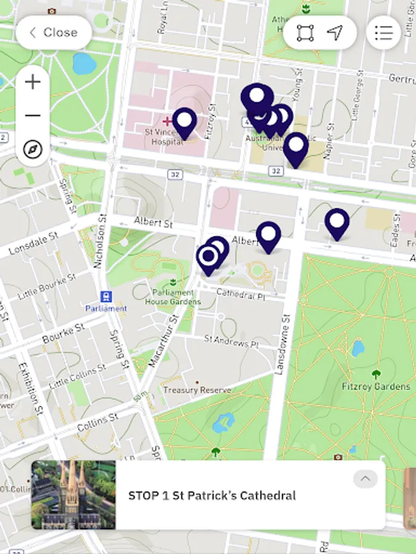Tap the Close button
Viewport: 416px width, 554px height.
click(x=54, y=33)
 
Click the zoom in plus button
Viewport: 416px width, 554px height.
click(x=33, y=82)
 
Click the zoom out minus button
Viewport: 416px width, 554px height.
click(x=33, y=116)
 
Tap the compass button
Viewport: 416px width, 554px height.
click(x=33, y=149)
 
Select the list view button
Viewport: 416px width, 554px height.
click(x=383, y=33)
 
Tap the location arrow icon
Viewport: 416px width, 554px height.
click(x=335, y=33)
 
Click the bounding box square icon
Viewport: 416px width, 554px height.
click(x=305, y=33)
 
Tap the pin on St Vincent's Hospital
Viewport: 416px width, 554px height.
click(x=184, y=121)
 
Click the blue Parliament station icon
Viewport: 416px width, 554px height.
click(x=106, y=297)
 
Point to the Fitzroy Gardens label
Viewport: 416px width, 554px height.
click(x=375, y=387)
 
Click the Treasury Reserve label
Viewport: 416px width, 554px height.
click(x=197, y=390)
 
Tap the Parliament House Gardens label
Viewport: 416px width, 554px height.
click(x=173, y=297)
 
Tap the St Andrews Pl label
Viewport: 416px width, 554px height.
click(x=230, y=340)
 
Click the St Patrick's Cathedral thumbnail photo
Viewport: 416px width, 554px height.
click(x=73, y=495)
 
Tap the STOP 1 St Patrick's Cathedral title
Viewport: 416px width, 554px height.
click(x=212, y=496)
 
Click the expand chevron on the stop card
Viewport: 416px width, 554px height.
click(x=365, y=479)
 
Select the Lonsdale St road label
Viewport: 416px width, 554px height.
click(x=33, y=244)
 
